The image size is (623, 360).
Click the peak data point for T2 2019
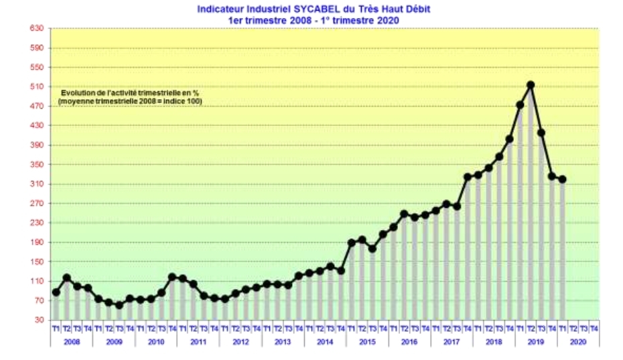click(x=531, y=85)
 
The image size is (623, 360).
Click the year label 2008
click(x=72, y=341)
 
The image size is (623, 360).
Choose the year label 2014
click(x=325, y=341)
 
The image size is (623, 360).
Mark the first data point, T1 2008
click(x=56, y=292)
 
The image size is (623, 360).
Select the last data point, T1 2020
click(x=563, y=179)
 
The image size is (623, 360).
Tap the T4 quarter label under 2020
click(x=594, y=328)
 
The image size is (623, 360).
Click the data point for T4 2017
click(x=468, y=177)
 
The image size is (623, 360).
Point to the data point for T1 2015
click(x=352, y=243)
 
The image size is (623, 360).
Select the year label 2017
click(x=452, y=341)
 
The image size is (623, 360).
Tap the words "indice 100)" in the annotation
click(x=182, y=101)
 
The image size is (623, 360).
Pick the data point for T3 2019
click(x=541, y=133)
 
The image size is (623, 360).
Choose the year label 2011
click(x=198, y=341)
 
